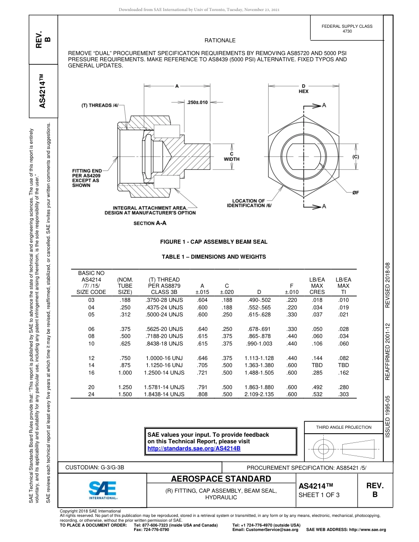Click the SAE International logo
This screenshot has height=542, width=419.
[x=102, y=489]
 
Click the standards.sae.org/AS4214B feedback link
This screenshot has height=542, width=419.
[x=194, y=448]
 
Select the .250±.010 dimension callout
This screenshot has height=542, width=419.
[x=197, y=102]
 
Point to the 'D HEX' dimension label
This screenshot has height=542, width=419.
[x=303, y=89]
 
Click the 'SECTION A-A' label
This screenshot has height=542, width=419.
[x=150, y=223]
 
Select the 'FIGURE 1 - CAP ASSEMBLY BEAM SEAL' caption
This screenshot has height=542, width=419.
[x=213, y=242]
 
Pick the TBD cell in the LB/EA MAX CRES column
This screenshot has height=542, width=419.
[x=317, y=365]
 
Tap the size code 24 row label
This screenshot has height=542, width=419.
[x=91, y=394]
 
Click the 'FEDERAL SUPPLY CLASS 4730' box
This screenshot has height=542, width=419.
[x=347, y=29]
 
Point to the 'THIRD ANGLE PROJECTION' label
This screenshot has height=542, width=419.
[x=344, y=427]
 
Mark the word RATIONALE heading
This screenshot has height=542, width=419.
[x=220, y=41]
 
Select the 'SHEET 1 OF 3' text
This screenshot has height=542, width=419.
[x=319, y=495]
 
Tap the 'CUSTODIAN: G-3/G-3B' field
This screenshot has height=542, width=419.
[x=98, y=467]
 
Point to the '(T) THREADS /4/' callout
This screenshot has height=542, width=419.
[x=100, y=106]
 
